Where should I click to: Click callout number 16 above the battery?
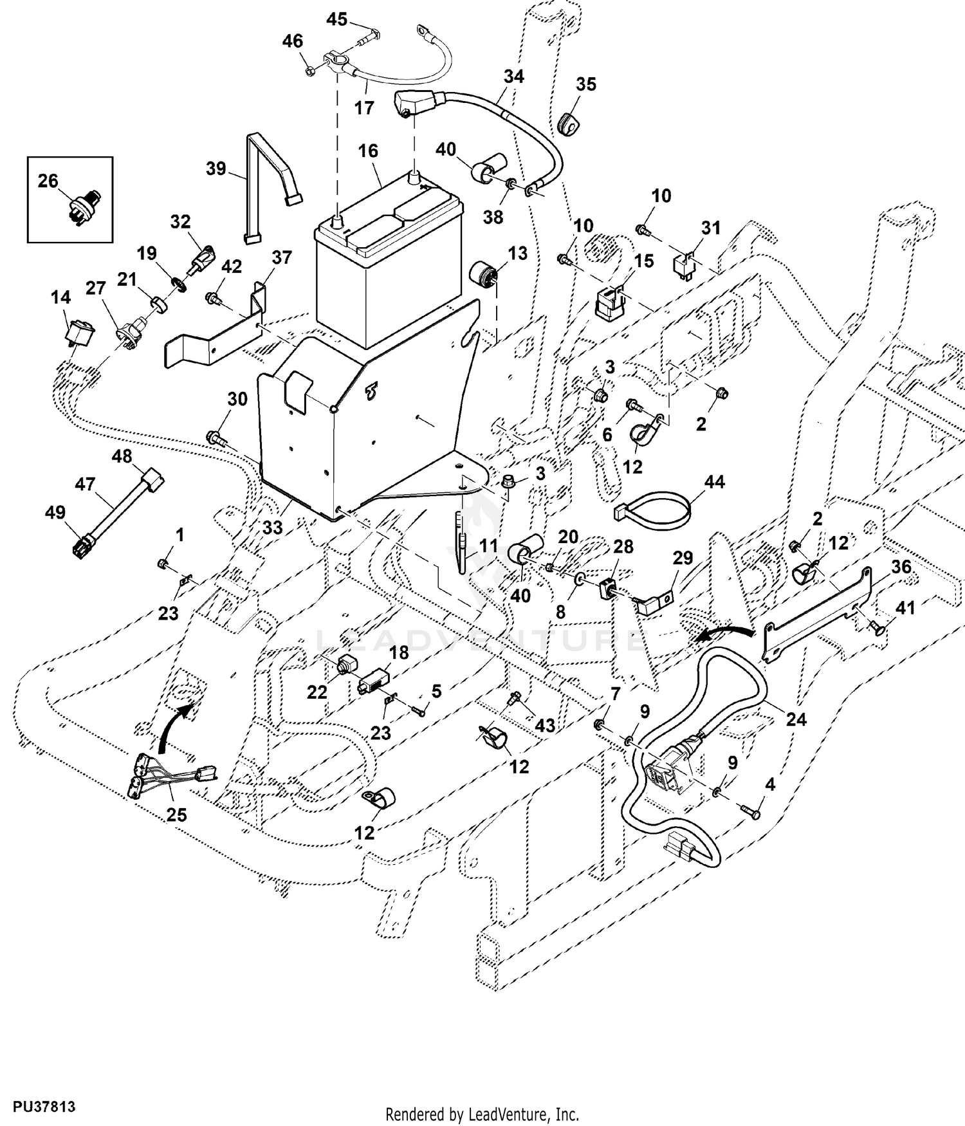coord(368,151)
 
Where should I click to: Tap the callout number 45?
coord(336,19)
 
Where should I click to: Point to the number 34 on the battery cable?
coord(513,76)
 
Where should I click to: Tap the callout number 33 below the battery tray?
coord(273,528)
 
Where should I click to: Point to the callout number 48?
coord(122,457)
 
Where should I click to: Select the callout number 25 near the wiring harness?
coord(176,815)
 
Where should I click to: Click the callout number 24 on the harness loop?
coord(796,719)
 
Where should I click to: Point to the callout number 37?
coord(281,257)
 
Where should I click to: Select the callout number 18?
coord(399,653)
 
